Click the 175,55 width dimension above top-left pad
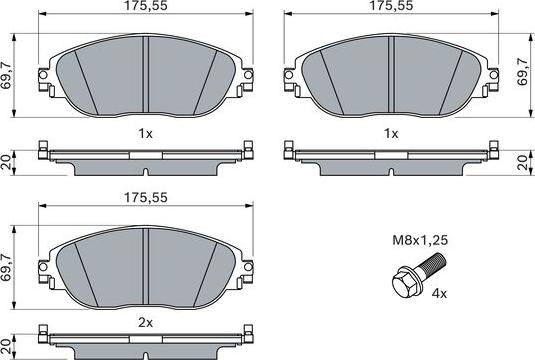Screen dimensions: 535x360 [x=146, y=6]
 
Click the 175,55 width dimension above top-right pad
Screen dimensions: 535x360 [x=391, y=6]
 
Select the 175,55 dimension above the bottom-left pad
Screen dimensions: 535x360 [x=146, y=198]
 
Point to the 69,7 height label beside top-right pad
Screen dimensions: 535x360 [x=522, y=72]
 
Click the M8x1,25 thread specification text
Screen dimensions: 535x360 [x=420, y=240]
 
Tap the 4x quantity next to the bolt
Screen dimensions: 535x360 [x=439, y=293]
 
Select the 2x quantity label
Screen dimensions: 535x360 [x=146, y=323]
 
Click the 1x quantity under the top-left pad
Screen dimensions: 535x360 [x=146, y=134]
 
